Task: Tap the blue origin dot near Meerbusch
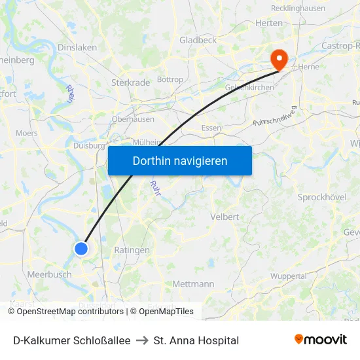(x=81, y=248)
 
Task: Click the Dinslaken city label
(x=77, y=48)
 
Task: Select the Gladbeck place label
(x=198, y=40)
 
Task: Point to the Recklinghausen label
(x=298, y=9)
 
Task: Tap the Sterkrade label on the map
(x=130, y=83)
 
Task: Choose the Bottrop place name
(x=170, y=80)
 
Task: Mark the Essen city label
(x=211, y=128)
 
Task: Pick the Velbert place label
(x=224, y=217)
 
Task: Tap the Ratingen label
(x=132, y=250)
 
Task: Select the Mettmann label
(x=193, y=284)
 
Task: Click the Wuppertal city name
(x=289, y=276)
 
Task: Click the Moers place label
(x=27, y=133)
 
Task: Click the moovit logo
(x=320, y=340)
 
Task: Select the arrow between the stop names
(x=141, y=340)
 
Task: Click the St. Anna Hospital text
(x=196, y=340)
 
